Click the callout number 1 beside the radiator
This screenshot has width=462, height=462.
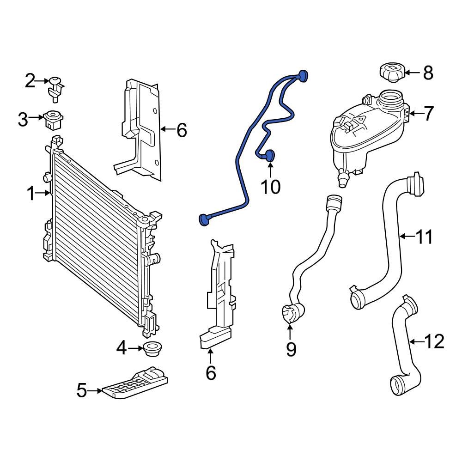30,194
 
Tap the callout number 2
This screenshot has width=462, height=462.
30,82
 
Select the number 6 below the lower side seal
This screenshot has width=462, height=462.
211,372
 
